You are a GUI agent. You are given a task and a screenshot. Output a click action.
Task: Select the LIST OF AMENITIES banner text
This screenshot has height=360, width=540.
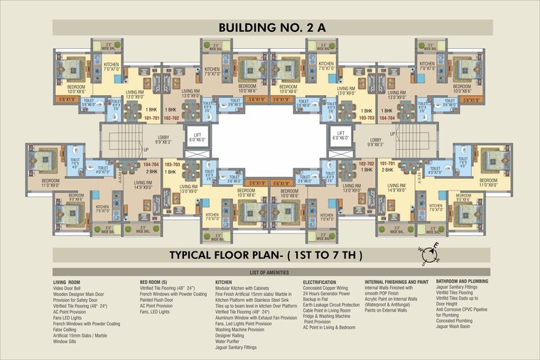pos(269,273)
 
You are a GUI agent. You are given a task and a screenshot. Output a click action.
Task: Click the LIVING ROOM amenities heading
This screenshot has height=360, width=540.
pos(69,283)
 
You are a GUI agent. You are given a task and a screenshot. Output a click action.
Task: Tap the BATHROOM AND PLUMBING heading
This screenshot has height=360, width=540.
pos(469,283)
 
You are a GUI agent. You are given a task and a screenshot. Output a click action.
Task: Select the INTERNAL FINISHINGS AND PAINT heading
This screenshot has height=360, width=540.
pos(396,283)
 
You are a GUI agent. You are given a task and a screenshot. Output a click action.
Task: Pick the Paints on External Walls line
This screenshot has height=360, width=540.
pos(386,311)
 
